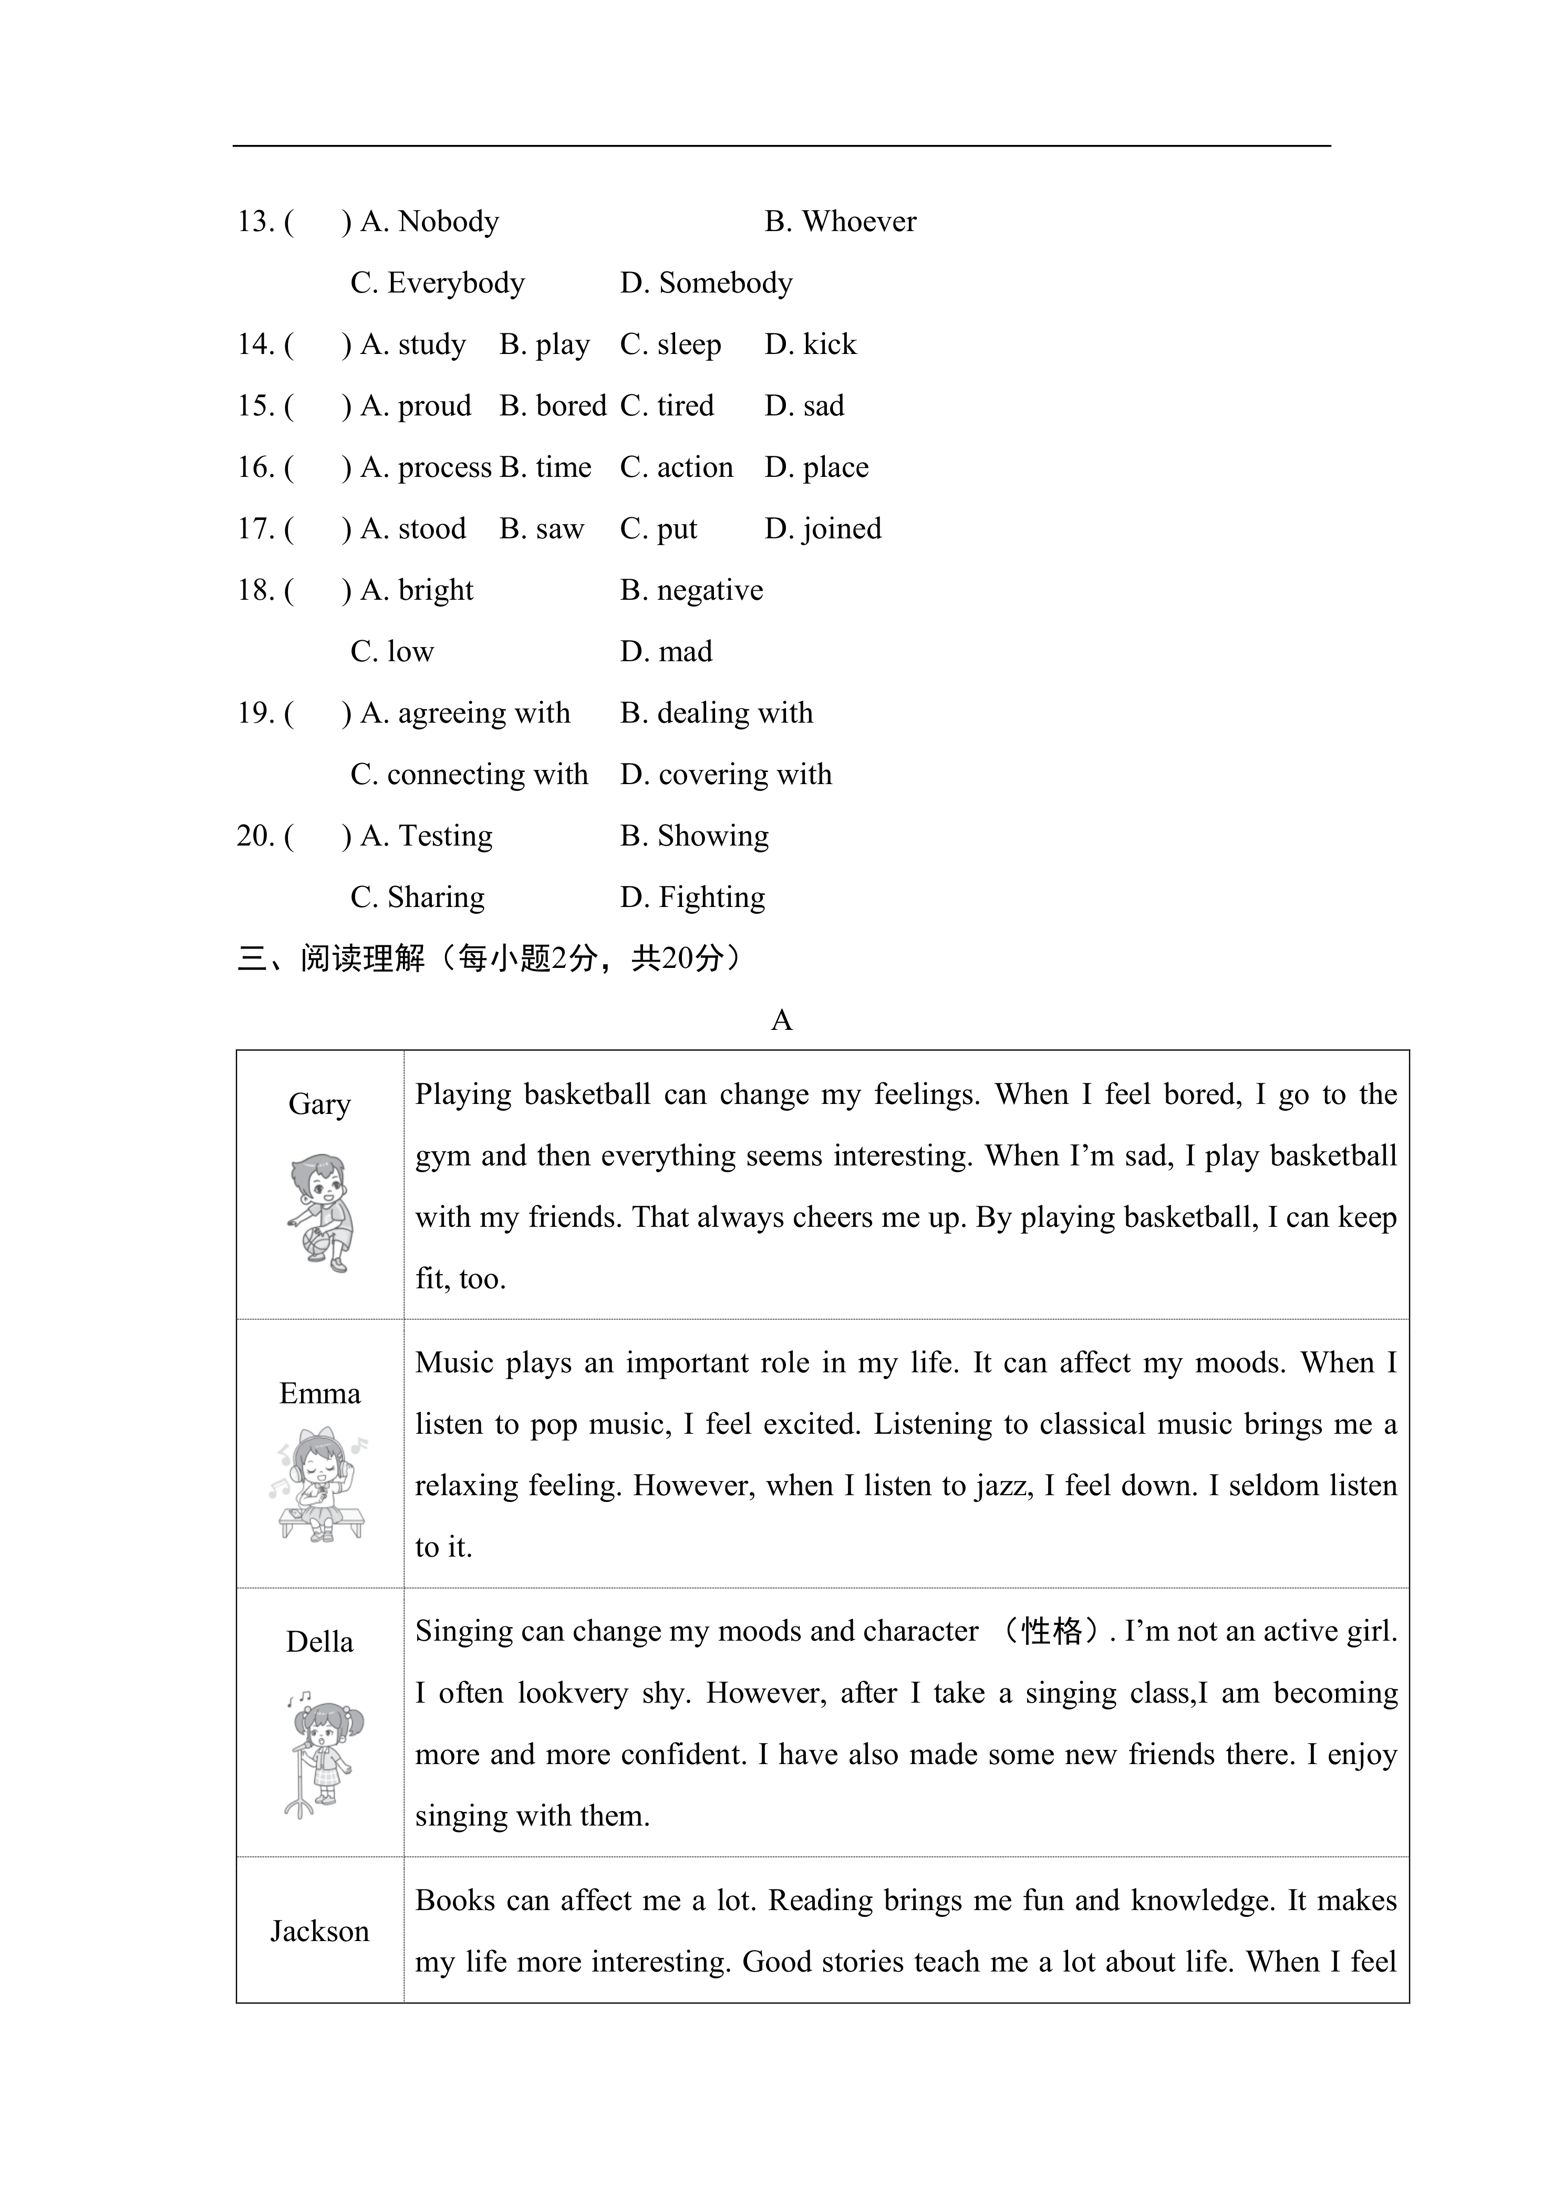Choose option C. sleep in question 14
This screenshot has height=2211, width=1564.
coord(670,345)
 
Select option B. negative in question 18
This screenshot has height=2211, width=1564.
coord(691,590)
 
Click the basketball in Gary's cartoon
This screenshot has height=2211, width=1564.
coord(316,1242)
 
